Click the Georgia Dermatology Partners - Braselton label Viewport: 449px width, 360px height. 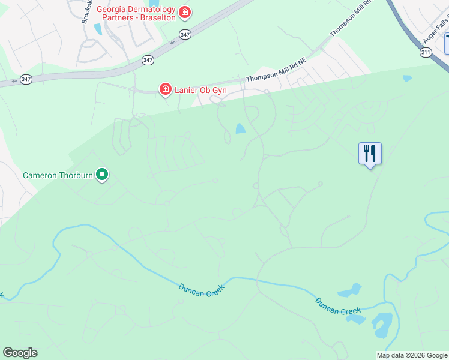[136, 13]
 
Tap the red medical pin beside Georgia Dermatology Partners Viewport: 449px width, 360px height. [185, 13]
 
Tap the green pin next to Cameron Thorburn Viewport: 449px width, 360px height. [103, 175]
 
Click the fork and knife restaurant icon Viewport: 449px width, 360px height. [370, 154]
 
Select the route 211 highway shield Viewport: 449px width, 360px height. [425, 53]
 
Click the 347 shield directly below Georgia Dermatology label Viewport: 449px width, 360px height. [185, 34]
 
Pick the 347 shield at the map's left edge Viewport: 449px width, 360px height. [26, 79]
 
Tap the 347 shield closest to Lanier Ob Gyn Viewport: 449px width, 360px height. [148, 61]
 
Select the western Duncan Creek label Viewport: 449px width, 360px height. [201, 289]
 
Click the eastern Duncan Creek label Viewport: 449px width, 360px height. [338, 306]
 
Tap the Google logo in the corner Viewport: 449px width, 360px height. [20, 353]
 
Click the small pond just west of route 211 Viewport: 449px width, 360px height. [408, 79]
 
